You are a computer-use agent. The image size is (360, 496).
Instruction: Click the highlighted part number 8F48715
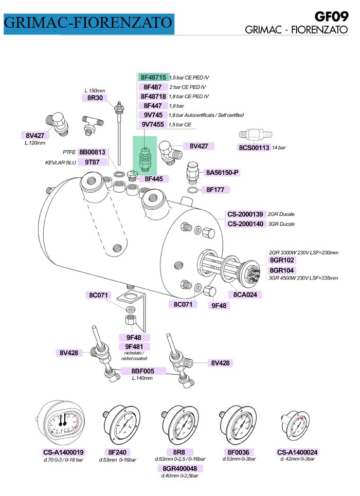tap(153, 77)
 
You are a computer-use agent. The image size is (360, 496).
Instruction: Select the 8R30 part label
tap(95, 98)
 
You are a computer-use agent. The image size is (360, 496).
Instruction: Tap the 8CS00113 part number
tap(254, 148)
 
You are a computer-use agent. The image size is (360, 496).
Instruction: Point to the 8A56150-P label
tap(222, 173)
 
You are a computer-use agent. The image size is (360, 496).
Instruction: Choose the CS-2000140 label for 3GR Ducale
tap(245, 224)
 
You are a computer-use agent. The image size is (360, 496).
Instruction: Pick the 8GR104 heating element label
tap(282, 270)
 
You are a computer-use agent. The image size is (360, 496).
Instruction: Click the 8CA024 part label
tap(245, 295)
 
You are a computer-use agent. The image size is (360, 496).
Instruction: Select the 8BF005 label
tap(143, 371)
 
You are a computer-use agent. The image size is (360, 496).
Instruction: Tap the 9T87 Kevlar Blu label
tap(92, 162)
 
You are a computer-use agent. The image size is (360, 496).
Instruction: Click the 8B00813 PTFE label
tap(92, 152)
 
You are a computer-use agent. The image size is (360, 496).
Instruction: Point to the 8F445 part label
tap(153, 179)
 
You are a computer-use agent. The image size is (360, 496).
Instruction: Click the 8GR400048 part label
tap(180, 468)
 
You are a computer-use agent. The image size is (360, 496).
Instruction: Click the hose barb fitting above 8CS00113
tap(255, 135)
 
